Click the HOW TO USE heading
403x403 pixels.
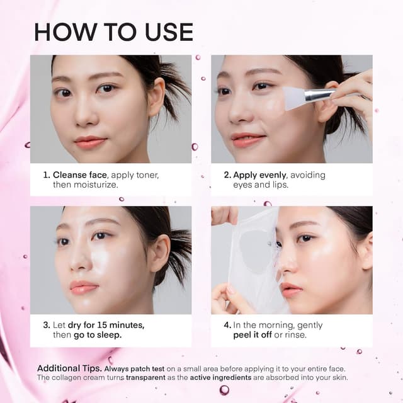(113, 31)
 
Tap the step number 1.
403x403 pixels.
(46, 175)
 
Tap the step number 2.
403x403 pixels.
(227, 175)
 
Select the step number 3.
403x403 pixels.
(46, 325)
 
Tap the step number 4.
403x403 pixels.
(227, 325)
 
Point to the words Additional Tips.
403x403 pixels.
(69, 368)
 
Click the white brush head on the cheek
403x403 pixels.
(294, 98)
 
